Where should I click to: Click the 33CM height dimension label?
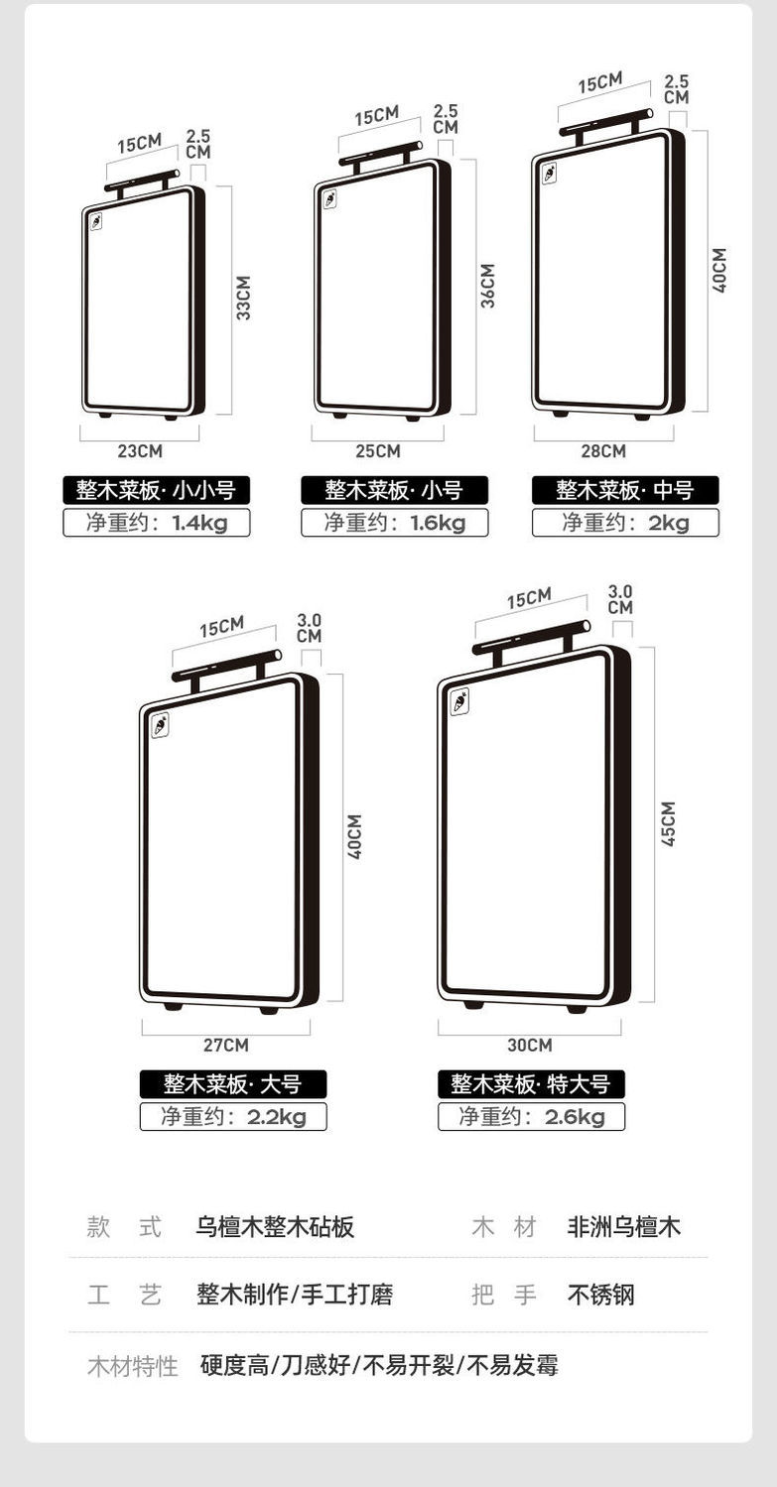tap(243, 298)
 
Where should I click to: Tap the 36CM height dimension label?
tap(487, 285)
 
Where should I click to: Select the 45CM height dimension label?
tap(668, 823)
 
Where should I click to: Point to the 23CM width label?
tap(140, 451)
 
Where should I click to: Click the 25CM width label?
tap(378, 451)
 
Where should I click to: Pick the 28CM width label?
tap(603, 451)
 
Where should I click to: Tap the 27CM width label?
tap(226, 1045)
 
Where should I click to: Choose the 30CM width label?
tap(529, 1045)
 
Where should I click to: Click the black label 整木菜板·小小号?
tap(156, 490)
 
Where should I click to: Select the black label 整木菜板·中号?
tap(625, 490)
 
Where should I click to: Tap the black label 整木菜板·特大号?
tap(531, 1084)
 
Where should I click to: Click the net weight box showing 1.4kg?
tap(156, 523)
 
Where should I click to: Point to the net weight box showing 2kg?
tap(625, 523)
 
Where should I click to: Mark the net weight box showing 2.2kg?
tap(233, 1117)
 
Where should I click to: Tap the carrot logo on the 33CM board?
tap(96, 221)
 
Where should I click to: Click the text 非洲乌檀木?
tap(624, 1227)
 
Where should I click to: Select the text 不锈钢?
tap(600, 1295)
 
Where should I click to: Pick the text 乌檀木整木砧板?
tap(275, 1227)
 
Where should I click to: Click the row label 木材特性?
tap(132, 1366)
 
